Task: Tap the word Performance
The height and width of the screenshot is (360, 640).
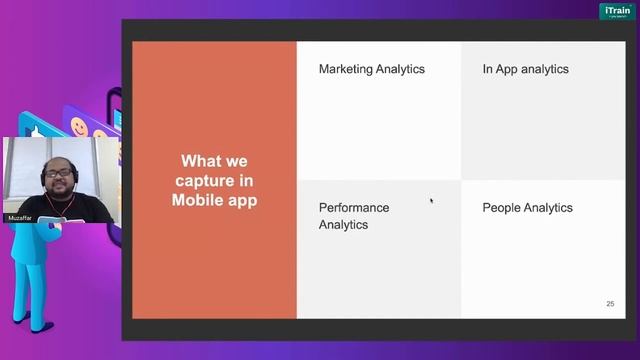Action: pos(354,208)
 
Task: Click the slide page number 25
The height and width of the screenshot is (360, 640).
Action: pos(610,304)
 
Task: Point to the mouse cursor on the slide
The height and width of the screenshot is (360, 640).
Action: pos(432,201)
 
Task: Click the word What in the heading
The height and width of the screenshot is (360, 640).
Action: pos(200,161)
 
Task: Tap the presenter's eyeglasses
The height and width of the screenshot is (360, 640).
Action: pos(54,171)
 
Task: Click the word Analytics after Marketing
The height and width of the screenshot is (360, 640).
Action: pos(401,69)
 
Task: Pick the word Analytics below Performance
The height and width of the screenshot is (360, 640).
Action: pos(343,225)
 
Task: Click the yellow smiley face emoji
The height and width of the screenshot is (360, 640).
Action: pos(79,127)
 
